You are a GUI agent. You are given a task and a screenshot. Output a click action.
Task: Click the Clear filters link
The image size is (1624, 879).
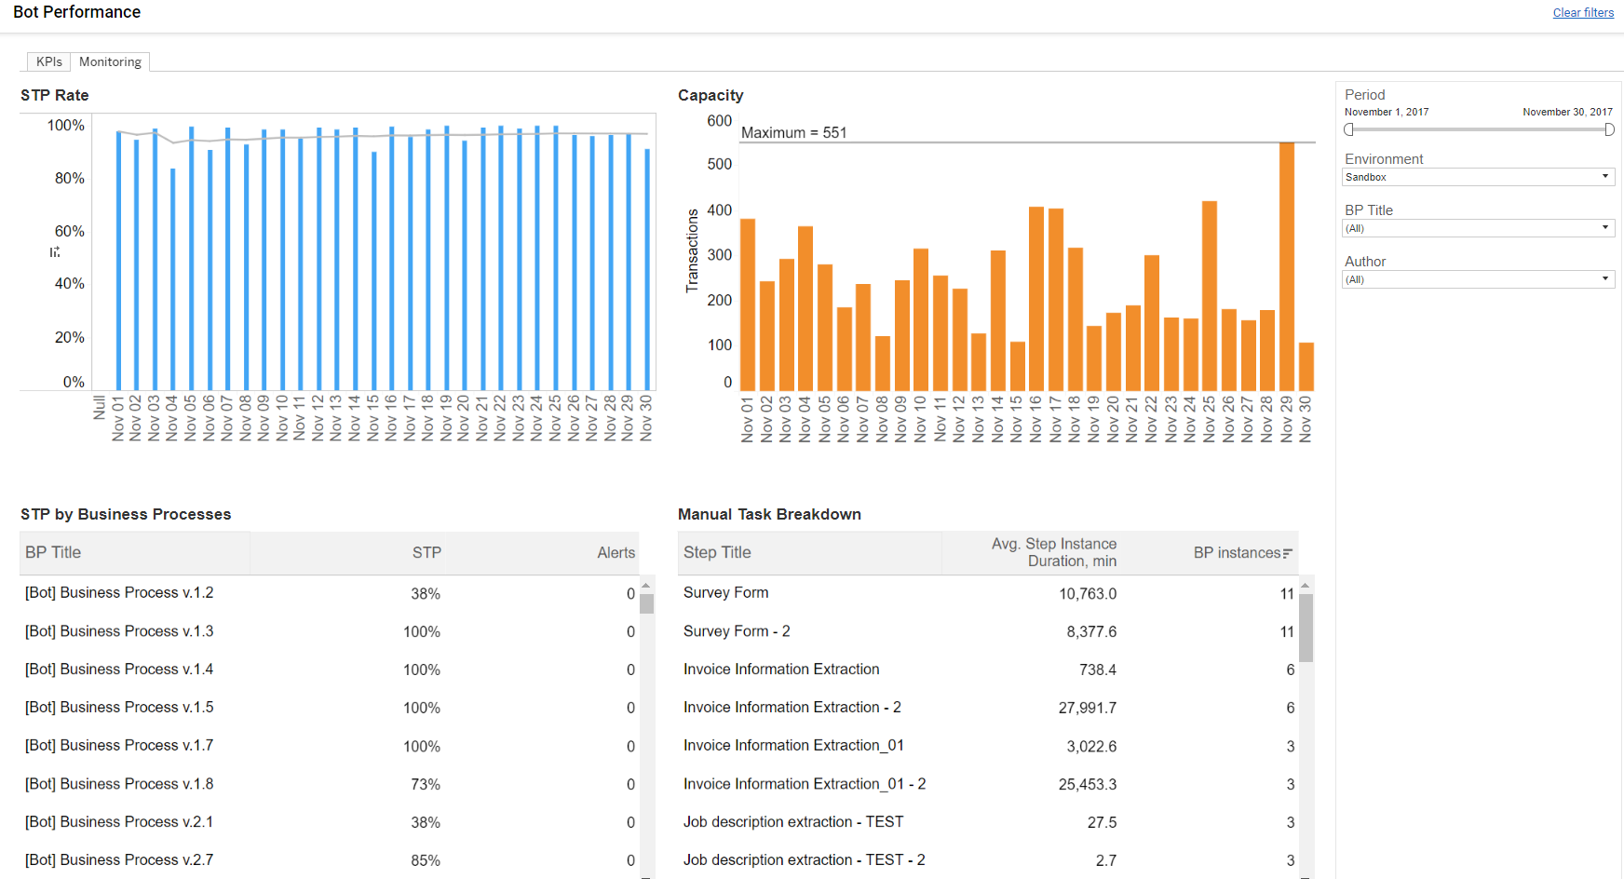(x=1583, y=13)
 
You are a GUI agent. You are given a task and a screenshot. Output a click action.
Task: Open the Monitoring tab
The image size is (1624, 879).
(x=110, y=61)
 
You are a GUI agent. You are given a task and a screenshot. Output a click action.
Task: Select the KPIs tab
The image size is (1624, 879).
(x=49, y=61)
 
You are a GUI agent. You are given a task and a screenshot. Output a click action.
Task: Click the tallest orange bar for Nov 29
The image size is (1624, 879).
(x=1287, y=266)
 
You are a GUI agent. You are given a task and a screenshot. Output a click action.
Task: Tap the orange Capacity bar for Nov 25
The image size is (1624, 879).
(x=1210, y=296)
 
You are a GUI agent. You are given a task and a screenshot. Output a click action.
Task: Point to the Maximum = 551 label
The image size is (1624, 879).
(x=793, y=132)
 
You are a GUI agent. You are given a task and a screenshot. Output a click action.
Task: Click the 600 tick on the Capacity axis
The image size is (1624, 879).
(x=719, y=121)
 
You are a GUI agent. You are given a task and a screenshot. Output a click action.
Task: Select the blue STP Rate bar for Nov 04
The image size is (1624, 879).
(x=173, y=279)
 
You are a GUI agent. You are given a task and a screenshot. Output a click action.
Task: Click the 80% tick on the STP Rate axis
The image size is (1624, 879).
(x=70, y=178)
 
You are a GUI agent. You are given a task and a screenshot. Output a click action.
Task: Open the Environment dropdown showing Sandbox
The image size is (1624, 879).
(x=1478, y=177)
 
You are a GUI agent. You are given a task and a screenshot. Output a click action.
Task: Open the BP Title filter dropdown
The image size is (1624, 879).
(x=1478, y=228)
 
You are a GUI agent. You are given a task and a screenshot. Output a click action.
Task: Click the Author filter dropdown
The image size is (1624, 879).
(x=1478, y=279)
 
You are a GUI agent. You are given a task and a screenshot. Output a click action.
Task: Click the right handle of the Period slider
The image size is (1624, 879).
(x=1609, y=129)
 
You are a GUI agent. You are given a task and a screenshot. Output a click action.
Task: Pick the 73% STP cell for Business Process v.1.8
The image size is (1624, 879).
(x=426, y=784)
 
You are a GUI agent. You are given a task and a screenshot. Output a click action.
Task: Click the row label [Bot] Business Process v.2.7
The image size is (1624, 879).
(x=119, y=859)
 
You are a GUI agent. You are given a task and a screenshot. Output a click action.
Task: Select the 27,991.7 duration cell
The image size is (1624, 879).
(x=1087, y=708)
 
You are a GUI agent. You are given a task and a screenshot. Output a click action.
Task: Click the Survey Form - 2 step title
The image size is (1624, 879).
(x=737, y=630)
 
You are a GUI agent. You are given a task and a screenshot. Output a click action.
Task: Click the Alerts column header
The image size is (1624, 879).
(x=616, y=552)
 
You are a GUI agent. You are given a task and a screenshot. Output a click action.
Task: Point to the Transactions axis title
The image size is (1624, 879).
(x=692, y=250)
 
